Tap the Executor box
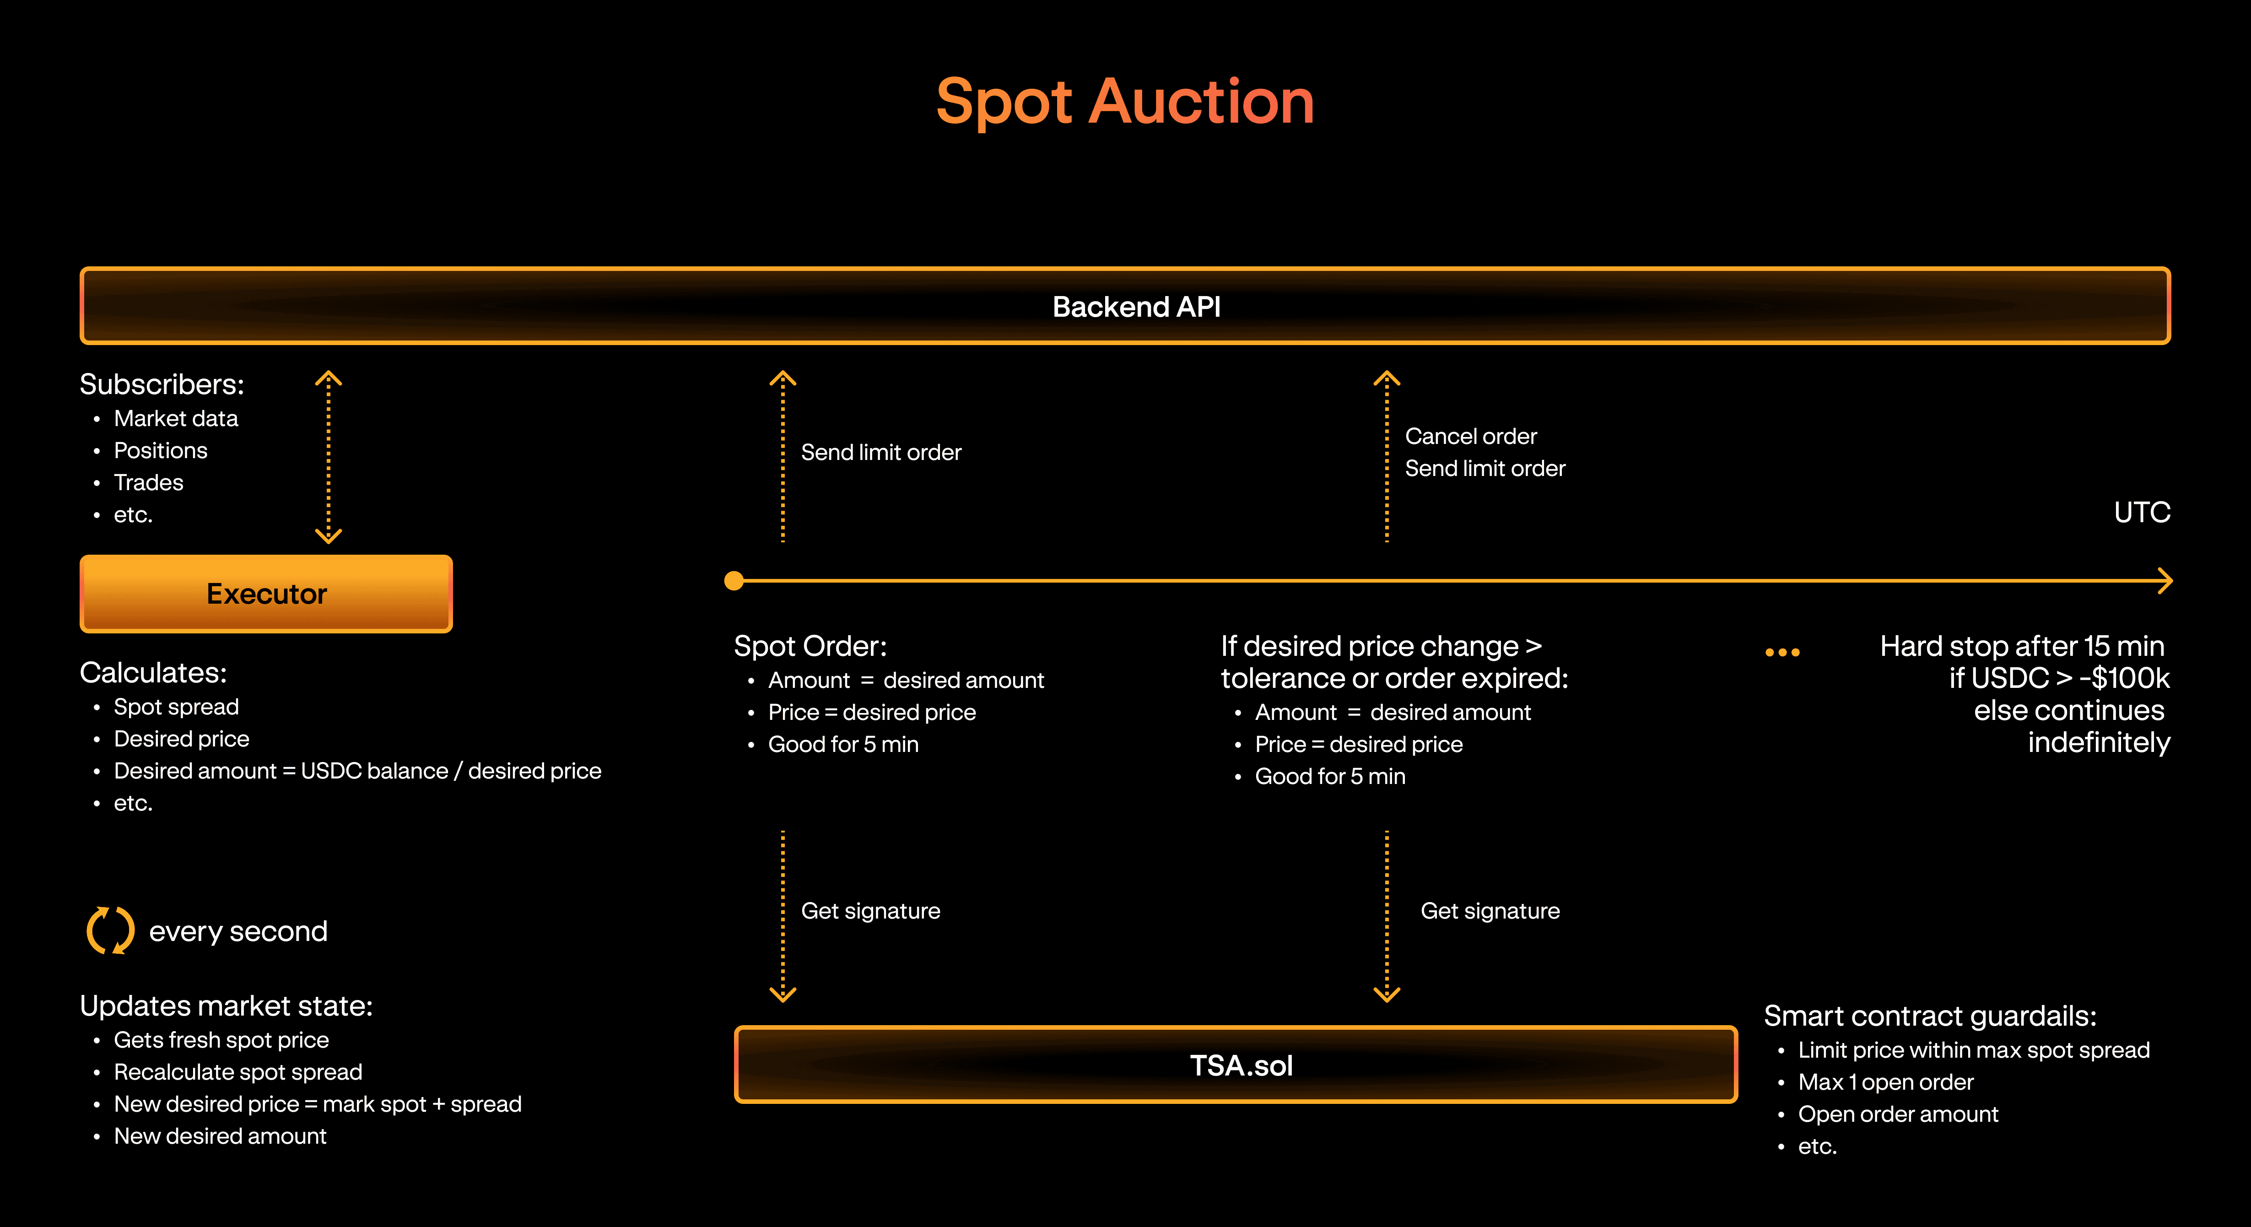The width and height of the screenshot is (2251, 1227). [x=266, y=594]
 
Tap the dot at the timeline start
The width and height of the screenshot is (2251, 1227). [x=734, y=580]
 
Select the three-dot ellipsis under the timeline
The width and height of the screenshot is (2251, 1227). [x=1782, y=652]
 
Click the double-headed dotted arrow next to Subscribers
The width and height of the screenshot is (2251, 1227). [x=329, y=456]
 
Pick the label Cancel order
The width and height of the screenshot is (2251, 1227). [x=1471, y=436]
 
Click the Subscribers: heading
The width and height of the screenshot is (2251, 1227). [x=162, y=384]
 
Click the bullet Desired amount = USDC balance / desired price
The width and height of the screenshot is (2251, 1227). [x=357, y=771]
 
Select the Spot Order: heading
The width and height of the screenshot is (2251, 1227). [x=810, y=646]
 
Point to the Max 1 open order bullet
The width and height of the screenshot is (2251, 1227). [x=1885, y=1082]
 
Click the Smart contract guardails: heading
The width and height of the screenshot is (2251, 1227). [x=1929, y=1016]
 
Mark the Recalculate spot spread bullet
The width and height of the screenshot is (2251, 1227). [x=238, y=1072]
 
